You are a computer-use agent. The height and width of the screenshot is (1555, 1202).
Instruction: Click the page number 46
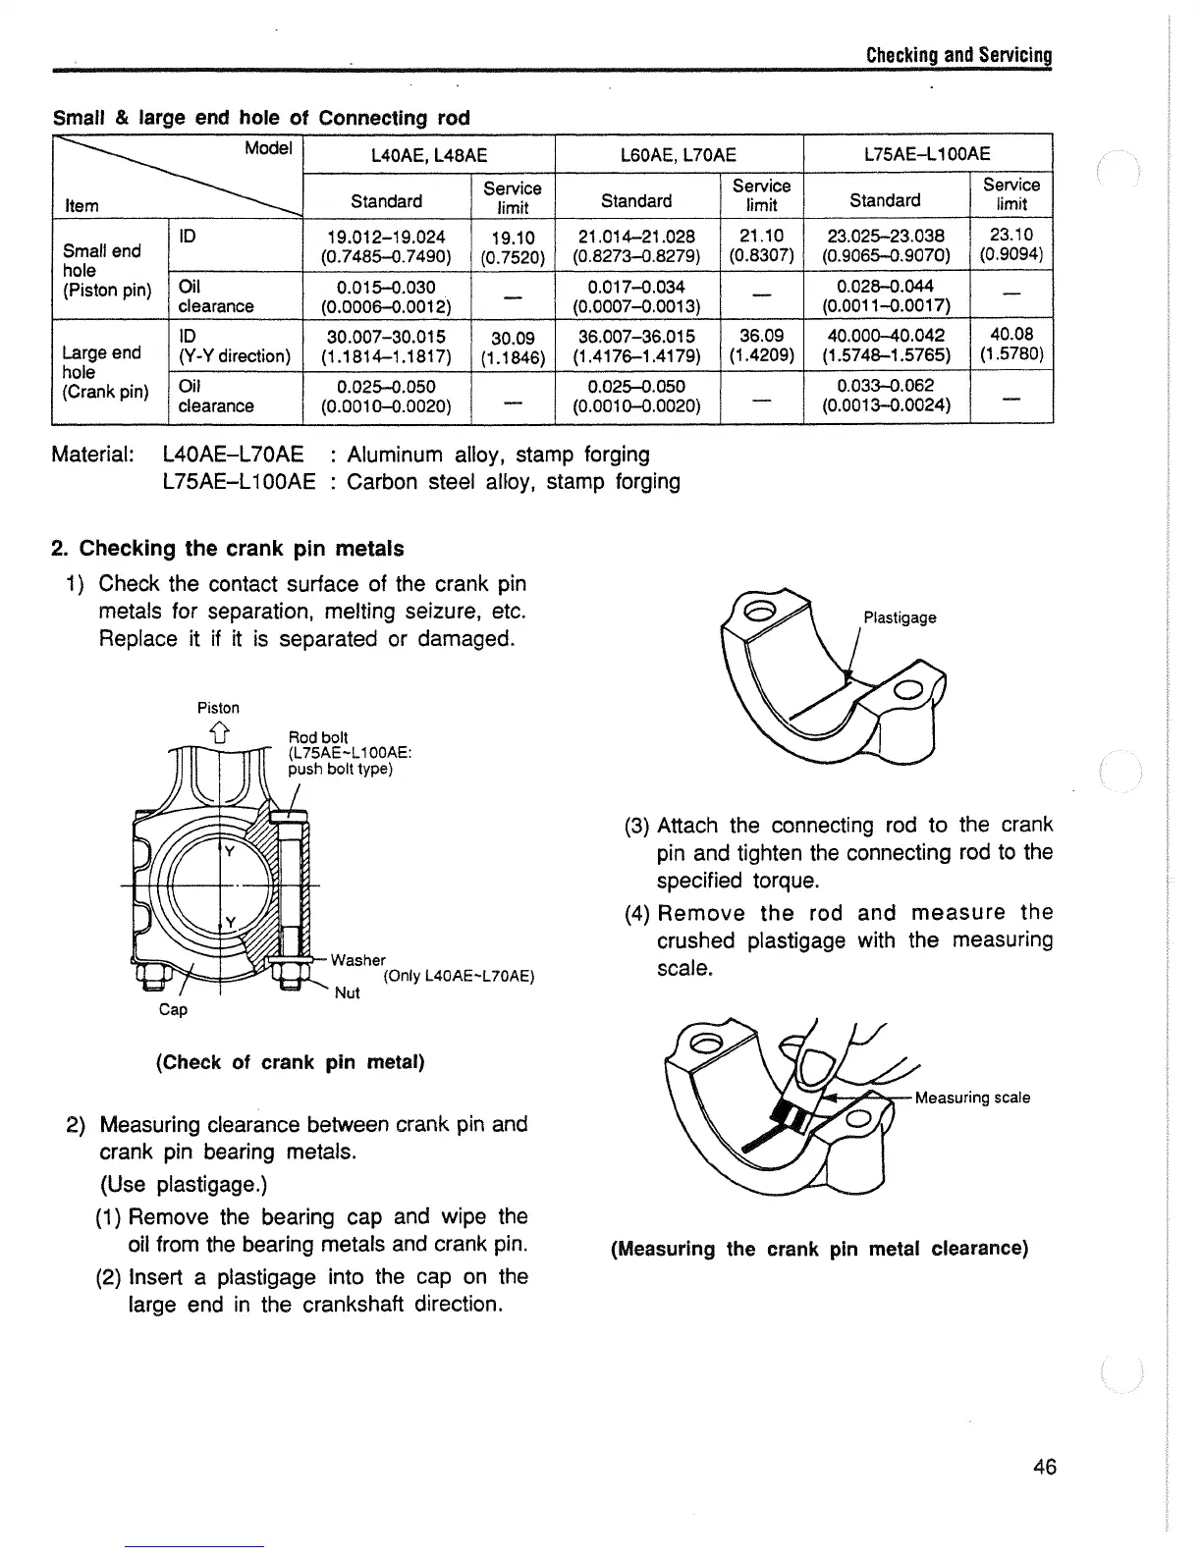(1044, 1467)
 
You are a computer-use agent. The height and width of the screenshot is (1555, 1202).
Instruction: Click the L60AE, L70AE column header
(679, 153)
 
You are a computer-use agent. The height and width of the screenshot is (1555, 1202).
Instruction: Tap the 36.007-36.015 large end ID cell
(636, 345)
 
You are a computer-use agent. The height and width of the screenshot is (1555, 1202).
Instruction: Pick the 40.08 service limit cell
(1011, 343)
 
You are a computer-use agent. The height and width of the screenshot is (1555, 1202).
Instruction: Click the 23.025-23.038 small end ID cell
(886, 245)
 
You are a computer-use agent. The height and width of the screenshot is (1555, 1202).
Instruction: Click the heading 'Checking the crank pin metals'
(241, 548)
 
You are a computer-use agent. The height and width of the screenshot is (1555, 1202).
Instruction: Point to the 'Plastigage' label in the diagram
(900, 617)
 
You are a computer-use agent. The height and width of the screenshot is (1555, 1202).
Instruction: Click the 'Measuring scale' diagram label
(972, 1098)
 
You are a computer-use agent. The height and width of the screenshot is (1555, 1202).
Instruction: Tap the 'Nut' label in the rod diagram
(347, 992)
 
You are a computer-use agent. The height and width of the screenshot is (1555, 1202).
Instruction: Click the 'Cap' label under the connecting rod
(173, 1009)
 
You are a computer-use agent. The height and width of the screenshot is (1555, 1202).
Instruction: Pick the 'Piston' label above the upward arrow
(218, 707)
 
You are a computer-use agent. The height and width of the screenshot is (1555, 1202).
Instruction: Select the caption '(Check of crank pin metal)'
(290, 1062)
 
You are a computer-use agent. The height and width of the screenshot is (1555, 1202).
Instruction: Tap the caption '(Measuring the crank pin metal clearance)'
(819, 1249)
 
